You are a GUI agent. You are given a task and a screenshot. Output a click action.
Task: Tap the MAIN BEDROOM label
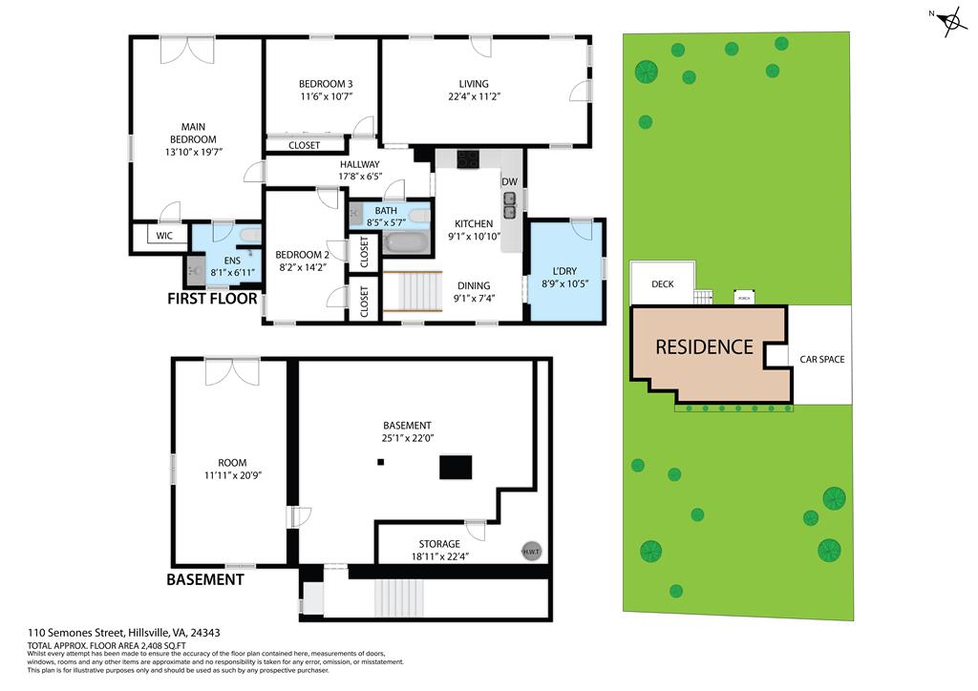tap(194, 133)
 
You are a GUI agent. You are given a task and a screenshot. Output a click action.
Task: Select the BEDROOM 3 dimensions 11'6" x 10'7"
tap(327, 96)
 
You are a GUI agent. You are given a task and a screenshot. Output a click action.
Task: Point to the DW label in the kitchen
tap(510, 181)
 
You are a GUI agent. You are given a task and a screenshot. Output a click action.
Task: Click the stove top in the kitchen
tap(469, 159)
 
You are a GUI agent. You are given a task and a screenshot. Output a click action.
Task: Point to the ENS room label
tap(232, 261)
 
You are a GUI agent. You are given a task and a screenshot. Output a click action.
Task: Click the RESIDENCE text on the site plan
tap(704, 347)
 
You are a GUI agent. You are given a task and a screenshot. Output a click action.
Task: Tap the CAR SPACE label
tap(822, 360)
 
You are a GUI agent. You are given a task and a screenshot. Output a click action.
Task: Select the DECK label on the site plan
tap(663, 284)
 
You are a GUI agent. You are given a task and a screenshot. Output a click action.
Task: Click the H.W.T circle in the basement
tap(529, 551)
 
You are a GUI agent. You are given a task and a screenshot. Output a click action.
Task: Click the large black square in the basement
tap(456, 467)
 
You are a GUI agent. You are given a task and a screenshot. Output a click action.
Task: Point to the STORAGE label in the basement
tap(439, 544)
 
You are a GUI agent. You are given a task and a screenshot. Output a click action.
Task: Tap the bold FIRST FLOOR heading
tap(212, 299)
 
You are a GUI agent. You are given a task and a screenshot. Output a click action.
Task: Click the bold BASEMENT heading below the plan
tap(205, 579)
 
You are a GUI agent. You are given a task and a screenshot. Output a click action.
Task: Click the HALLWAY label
tap(359, 164)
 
